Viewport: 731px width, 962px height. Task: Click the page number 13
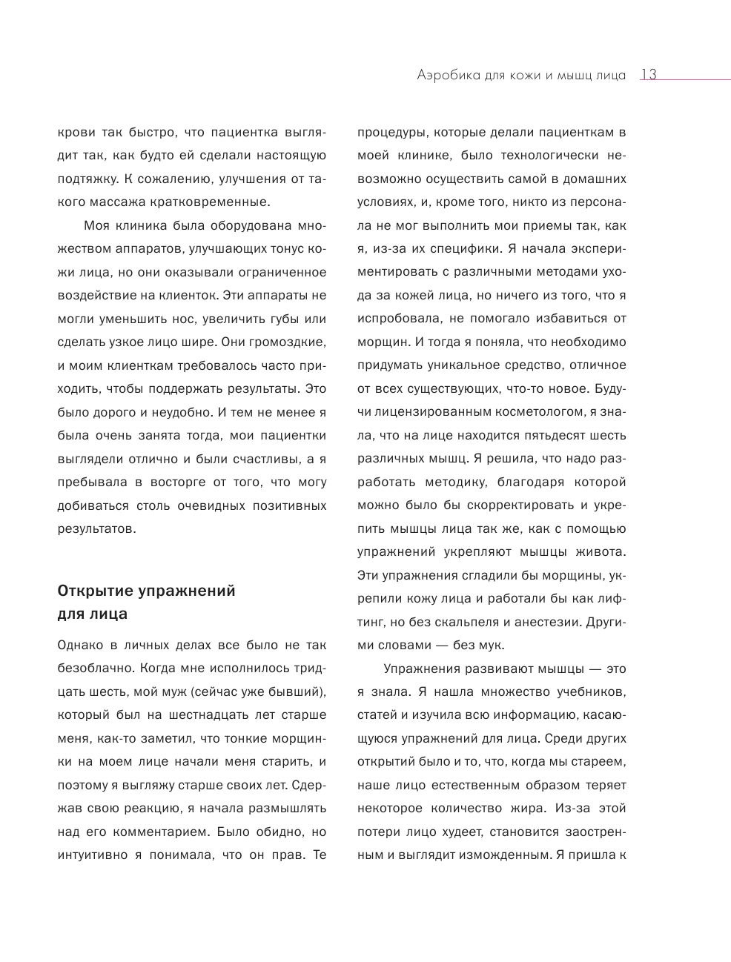[x=648, y=75]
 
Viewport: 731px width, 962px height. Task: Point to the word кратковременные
[x=213, y=202]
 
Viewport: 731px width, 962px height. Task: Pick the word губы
[x=279, y=319]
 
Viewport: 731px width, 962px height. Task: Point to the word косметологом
[x=523, y=412]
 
